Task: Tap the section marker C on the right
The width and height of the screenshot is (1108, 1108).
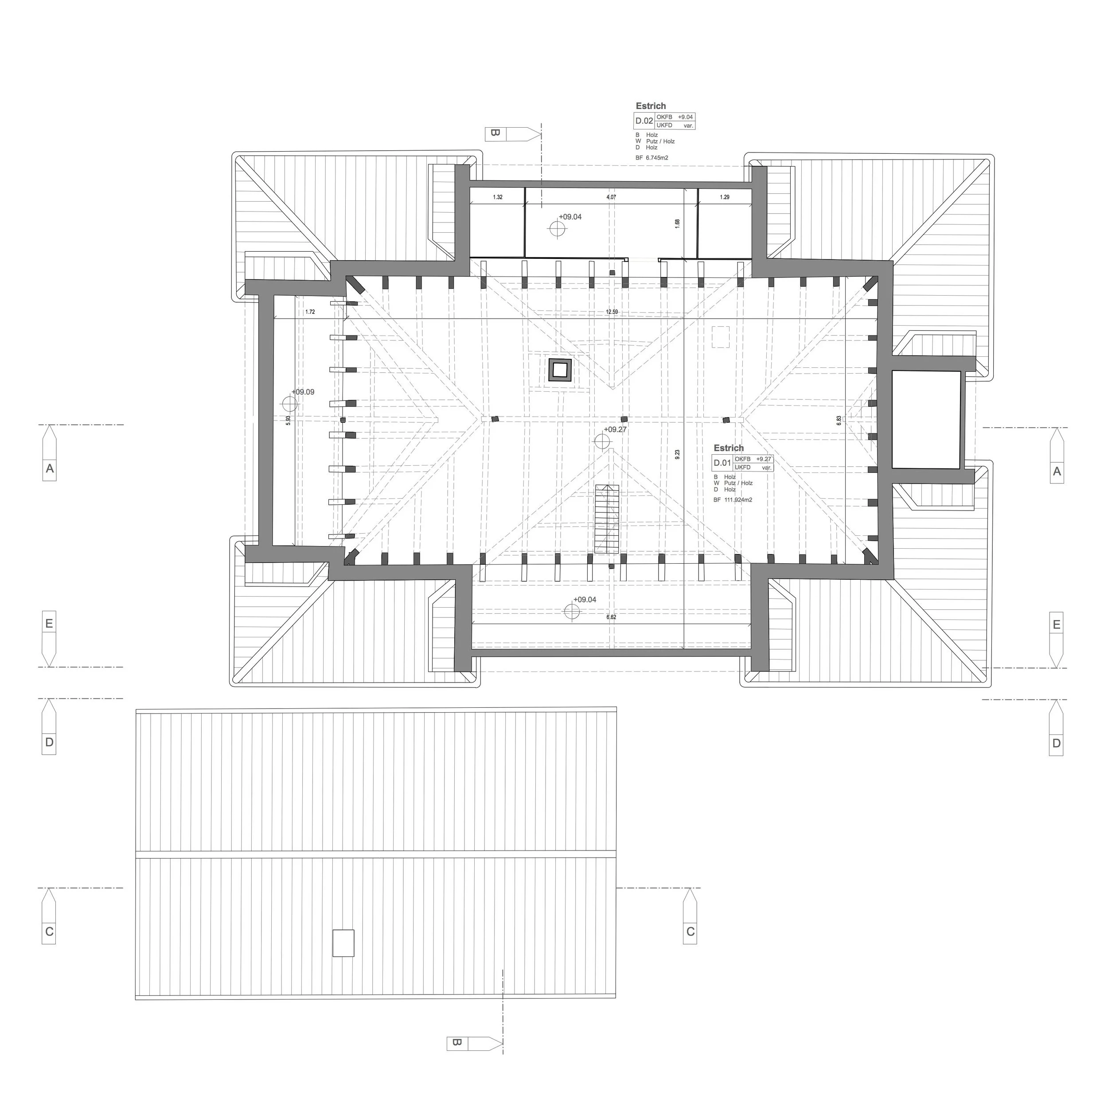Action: (x=691, y=931)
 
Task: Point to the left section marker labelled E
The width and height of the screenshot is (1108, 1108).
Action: (x=49, y=624)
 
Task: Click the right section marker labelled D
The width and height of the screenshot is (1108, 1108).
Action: (x=1056, y=743)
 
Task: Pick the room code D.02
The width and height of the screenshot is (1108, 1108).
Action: (x=644, y=121)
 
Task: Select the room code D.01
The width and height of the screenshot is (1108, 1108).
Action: (x=722, y=463)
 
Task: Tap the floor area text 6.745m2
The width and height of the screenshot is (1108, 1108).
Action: (x=655, y=158)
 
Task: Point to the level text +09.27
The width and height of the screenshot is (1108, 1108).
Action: (x=615, y=429)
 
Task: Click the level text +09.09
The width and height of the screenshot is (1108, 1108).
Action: (x=303, y=392)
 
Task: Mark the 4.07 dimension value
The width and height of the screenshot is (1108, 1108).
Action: (x=611, y=197)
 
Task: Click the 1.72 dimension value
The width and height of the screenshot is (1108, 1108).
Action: (x=310, y=312)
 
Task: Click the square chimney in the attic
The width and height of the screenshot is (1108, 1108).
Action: (x=560, y=370)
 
